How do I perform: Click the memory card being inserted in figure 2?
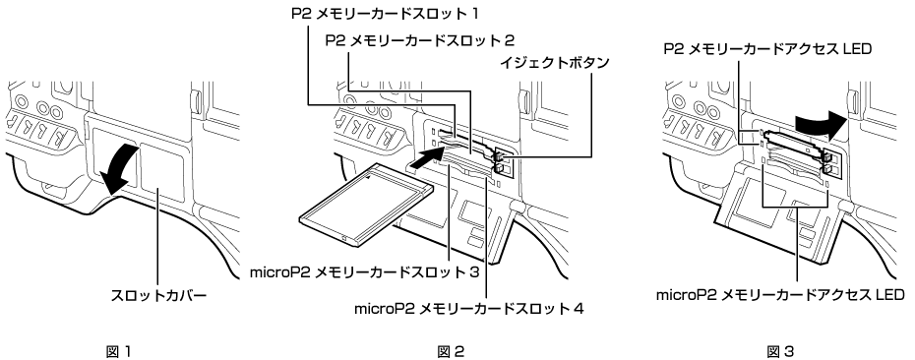365,208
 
